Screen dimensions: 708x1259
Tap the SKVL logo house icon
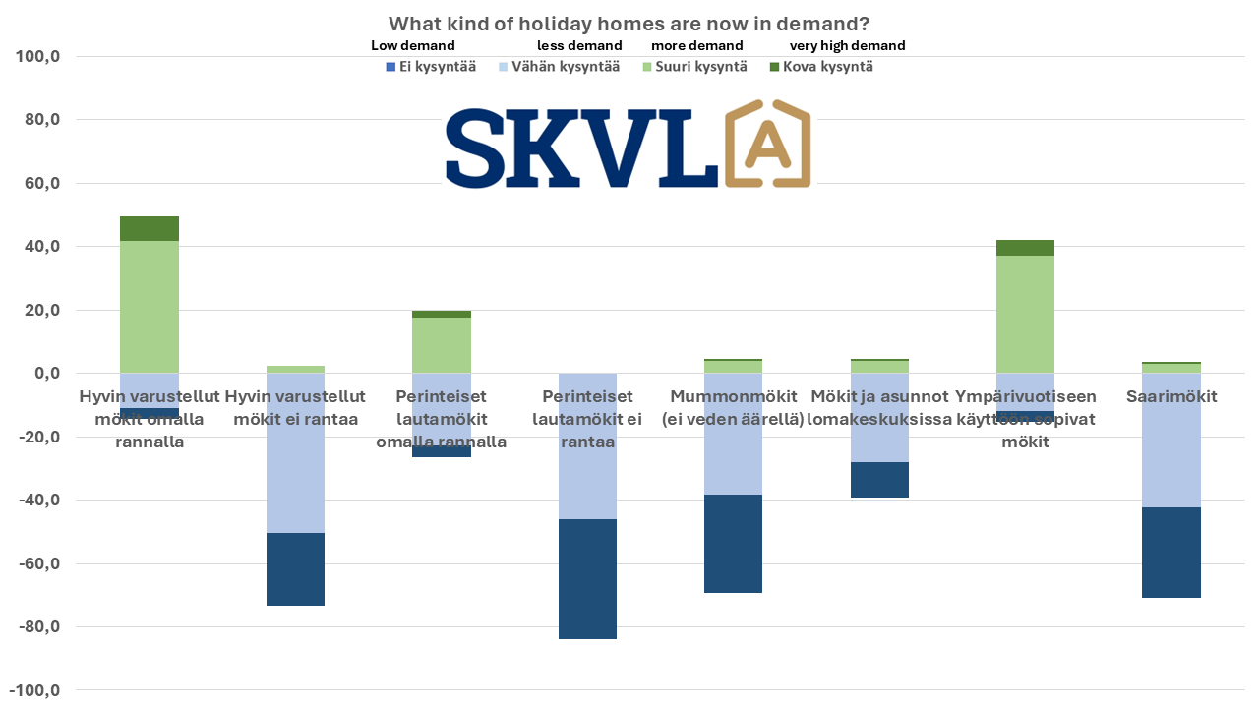pos(767,144)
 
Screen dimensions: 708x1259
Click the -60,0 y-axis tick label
pos(37,563)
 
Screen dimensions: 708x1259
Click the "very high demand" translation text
pos(847,45)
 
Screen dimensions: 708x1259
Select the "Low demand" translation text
pos(412,45)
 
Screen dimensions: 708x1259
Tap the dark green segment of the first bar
pos(150,228)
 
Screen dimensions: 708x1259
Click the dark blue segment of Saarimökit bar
pos(1171,553)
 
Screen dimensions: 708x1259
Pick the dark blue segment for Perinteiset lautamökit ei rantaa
pos(587,579)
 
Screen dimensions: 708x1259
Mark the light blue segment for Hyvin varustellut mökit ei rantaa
pos(295,472)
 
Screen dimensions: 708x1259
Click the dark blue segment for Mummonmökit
pos(733,544)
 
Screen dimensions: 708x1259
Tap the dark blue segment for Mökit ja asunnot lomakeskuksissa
pos(879,480)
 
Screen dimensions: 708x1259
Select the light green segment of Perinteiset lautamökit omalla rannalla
pos(442,344)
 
